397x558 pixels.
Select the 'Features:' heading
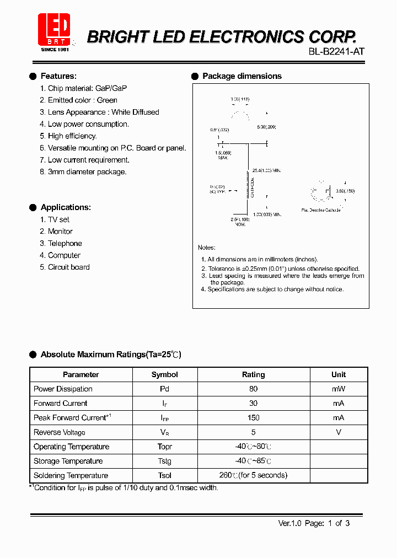click(58, 76)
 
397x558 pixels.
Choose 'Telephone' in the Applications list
click(65, 244)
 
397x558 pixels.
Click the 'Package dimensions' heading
click(242, 76)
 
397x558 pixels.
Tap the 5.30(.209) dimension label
click(266, 127)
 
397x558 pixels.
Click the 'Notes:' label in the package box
click(207, 248)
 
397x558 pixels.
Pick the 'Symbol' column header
click(164, 375)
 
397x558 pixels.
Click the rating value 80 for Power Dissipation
click(253, 389)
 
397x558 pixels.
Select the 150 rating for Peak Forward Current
click(253, 418)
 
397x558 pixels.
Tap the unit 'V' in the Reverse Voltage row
click(339, 432)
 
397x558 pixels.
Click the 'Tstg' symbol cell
click(164, 462)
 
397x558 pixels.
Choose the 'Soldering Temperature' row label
click(71, 476)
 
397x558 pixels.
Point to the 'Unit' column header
click(339, 375)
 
